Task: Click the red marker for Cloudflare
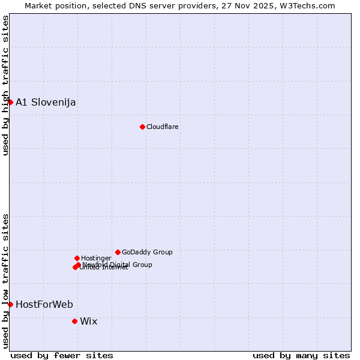click(142, 127)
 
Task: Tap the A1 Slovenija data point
click(10, 102)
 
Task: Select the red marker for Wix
click(74, 321)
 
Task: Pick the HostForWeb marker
click(10, 304)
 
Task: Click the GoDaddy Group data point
click(118, 252)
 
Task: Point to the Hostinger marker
click(77, 258)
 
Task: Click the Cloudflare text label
click(163, 127)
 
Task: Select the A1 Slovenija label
click(46, 102)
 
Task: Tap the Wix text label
click(89, 321)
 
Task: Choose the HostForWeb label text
click(44, 304)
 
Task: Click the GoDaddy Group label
click(147, 252)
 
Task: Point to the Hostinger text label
click(97, 258)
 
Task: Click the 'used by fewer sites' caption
click(62, 355)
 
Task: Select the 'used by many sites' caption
click(301, 355)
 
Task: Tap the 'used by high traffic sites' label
click(5, 85)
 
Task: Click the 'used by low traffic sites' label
click(5, 280)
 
